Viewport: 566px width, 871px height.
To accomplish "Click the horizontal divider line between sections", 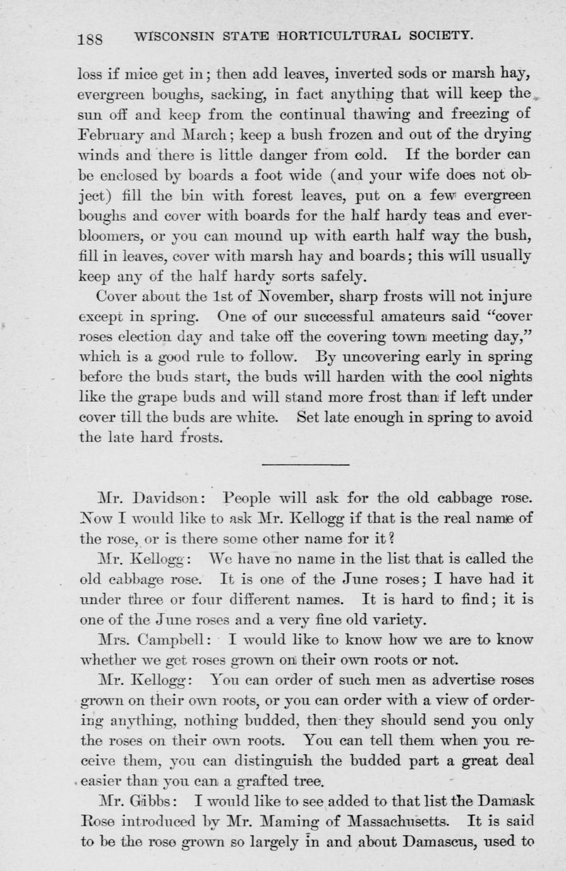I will pyautogui.click(x=305, y=465).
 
